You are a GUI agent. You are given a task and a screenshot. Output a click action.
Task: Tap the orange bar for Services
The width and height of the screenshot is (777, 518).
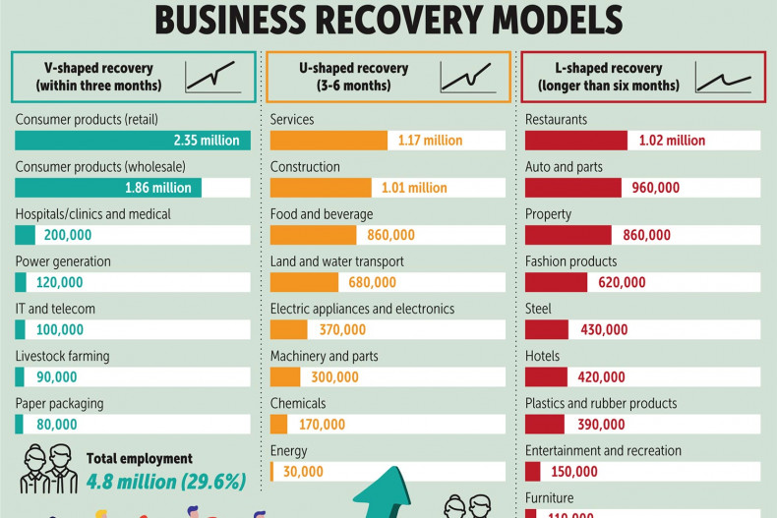coord(329,141)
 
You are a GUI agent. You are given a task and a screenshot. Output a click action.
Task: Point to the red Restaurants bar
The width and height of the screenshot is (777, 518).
coord(575,141)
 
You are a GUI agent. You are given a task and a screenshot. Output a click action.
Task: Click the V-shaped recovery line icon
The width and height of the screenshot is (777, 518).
coord(212,76)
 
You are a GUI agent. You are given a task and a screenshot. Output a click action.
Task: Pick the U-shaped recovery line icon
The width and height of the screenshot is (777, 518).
coord(466,76)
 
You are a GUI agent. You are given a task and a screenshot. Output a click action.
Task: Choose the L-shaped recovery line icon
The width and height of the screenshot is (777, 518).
coord(723,77)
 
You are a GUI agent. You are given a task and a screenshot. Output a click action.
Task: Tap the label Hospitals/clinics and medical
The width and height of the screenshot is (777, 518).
coord(92,214)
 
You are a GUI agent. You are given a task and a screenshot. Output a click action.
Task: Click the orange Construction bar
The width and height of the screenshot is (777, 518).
coord(321,188)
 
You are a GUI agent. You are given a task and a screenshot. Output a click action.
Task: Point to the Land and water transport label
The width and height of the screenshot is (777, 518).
coord(336,261)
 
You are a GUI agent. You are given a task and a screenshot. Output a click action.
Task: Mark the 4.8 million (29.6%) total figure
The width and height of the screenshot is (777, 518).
coord(165,482)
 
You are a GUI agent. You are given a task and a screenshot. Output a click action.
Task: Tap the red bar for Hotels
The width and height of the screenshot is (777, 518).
coord(546,376)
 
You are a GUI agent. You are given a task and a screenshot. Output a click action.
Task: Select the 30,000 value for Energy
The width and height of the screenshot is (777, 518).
coord(303,472)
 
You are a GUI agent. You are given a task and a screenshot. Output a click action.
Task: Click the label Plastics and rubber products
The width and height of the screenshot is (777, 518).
coord(601,403)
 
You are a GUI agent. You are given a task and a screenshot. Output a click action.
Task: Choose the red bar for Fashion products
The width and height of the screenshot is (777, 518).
coord(556,282)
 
